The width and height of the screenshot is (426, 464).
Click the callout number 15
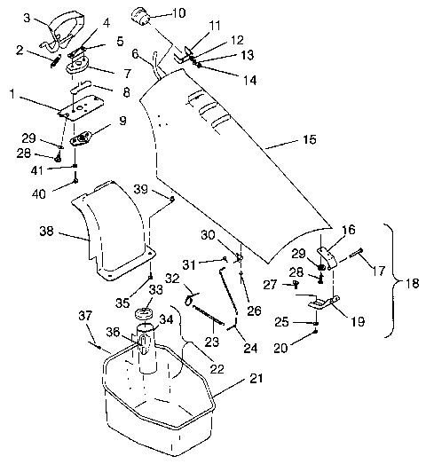[310, 139]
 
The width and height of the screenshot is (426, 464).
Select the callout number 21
[256, 379]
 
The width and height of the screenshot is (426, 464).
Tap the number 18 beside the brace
[411, 284]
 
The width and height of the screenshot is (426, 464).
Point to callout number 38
[46, 231]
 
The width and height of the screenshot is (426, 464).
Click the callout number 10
[178, 13]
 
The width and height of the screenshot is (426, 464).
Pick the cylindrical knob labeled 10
[140, 17]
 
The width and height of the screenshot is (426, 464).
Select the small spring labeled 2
[56, 61]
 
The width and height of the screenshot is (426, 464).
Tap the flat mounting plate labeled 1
[81, 107]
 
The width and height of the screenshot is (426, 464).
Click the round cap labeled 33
[143, 313]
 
